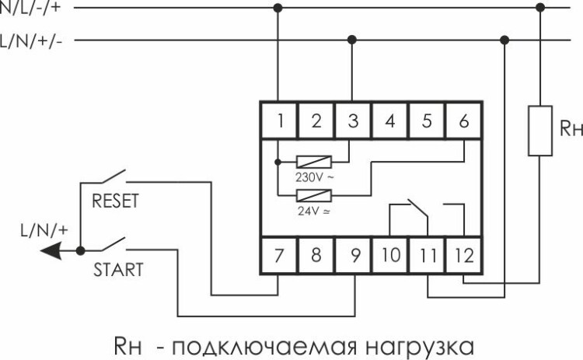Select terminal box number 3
click(x=353, y=121)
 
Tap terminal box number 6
click(x=464, y=121)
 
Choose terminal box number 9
click(x=353, y=254)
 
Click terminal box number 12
click(x=464, y=254)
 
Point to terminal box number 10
click(x=390, y=254)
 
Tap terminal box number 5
click(x=427, y=121)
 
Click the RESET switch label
click(x=115, y=201)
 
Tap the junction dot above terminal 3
click(x=353, y=39)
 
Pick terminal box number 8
click(x=316, y=254)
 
